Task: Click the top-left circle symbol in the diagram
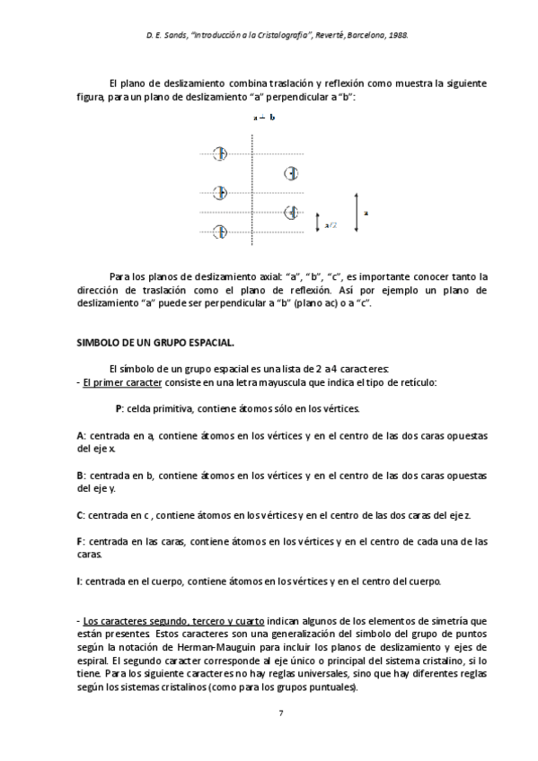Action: coord(219,154)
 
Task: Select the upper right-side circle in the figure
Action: coord(291,173)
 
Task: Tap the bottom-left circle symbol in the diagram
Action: coord(219,232)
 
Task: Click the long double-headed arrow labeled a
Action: coord(357,214)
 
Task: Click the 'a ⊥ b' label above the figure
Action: coord(263,118)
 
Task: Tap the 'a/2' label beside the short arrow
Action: coord(331,225)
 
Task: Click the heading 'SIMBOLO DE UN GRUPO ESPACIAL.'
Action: coord(146,344)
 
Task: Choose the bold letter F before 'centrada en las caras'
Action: coord(80,541)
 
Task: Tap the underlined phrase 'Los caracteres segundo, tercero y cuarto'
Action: coord(160,620)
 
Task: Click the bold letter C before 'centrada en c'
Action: coord(80,515)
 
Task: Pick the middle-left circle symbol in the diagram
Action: coord(219,192)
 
